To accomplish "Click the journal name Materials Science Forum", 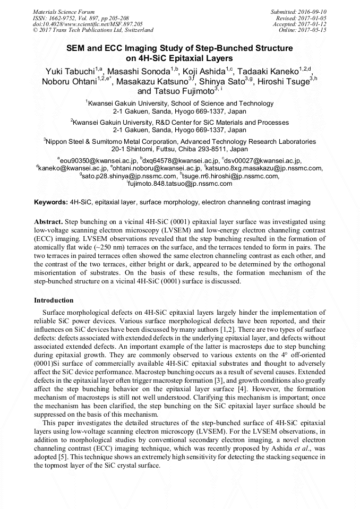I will coord(64,12).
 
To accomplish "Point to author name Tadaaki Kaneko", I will coord(267,72).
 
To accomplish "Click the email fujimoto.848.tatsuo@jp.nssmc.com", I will coord(181,184).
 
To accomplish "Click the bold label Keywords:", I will coord(51,203).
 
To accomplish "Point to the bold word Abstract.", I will coord(48,220).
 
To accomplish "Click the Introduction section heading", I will coord(54,300).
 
